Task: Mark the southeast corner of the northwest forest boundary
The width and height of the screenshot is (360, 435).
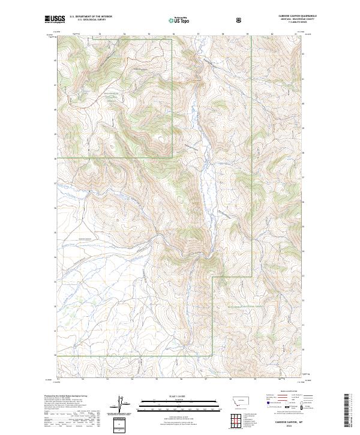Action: (x=173, y=157)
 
